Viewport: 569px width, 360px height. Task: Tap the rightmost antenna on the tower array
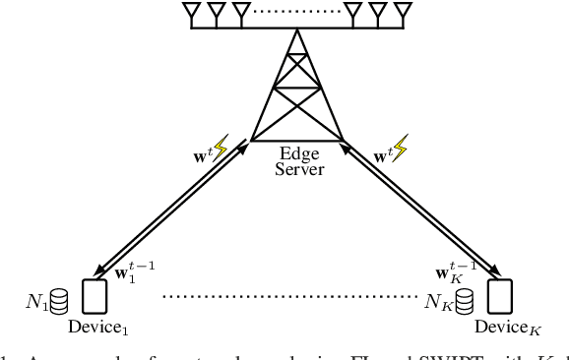(x=402, y=13)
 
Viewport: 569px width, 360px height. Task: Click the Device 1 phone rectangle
(x=95, y=295)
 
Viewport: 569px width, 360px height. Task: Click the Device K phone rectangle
(x=499, y=295)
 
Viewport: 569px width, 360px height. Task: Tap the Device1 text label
(x=96, y=325)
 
